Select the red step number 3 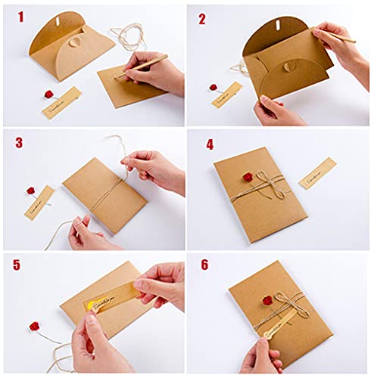(x=18, y=143)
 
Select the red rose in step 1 (x=49, y=94)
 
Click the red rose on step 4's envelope (x=248, y=177)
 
